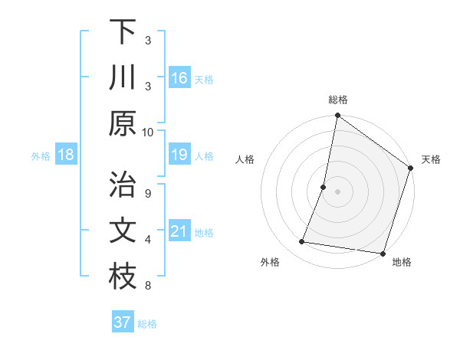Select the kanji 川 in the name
pyautogui.click(x=123, y=77)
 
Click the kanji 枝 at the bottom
pyautogui.click(x=123, y=277)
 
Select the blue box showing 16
pyautogui.click(x=179, y=78)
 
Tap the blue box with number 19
pyautogui.click(x=179, y=155)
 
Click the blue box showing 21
pyautogui.click(x=179, y=232)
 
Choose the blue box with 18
pyautogui.click(x=66, y=155)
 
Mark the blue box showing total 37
pyautogui.click(x=123, y=322)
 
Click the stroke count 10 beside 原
pyautogui.click(x=148, y=132)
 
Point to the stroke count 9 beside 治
pyautogui.click(x=148, y=192)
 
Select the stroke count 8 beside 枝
pyautogui.click(x=148, y=286)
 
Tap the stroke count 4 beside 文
pyautogui.click(x=148, y=240)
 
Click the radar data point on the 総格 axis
pyautogui.click(x=337, y=116)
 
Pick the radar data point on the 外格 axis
pyautogui.click(x=302, y=242)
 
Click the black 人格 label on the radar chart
pyautogui.click(x=245, y=159)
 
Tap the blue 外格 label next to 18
pyautogui.click(x=41, y=156)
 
